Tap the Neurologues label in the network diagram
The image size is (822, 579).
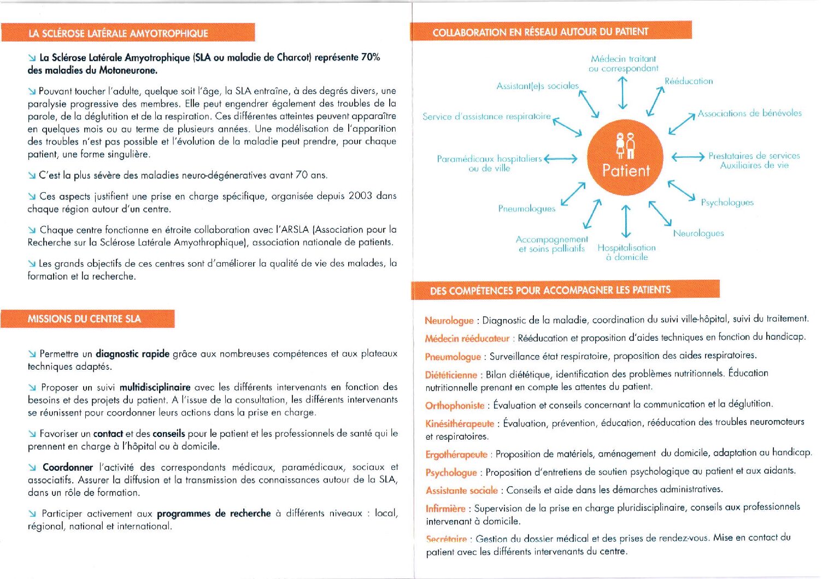tap(698, 233)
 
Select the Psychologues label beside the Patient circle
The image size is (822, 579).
tap(727, 202)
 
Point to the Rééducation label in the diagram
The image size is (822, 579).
tap(689, 81)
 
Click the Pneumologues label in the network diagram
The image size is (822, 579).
tap(526, 208)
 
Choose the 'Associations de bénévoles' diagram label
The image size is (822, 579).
tap(749, 113)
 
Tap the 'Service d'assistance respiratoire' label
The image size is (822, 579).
tap(486, 116)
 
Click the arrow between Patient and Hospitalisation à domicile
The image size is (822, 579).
tap(626, 222)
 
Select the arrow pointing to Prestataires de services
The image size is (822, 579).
tap(688, 157)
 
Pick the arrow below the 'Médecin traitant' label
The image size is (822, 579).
tap(622, 93)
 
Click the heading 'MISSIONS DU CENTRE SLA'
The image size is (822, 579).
tap(84, 319)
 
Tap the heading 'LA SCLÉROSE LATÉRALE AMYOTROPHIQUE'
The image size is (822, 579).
tap(118, 33)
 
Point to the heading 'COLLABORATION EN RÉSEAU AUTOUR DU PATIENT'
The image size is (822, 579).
tap(540, 32)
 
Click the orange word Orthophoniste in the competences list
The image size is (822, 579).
tap(455, 405)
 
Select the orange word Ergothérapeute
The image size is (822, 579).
tap(456, 454)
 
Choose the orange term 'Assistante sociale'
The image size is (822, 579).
tap(462, 491)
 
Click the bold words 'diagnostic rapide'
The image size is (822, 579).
tap(132, 353)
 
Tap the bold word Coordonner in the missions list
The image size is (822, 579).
tap(68, 467)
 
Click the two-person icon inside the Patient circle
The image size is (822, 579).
tap(625, 145)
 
